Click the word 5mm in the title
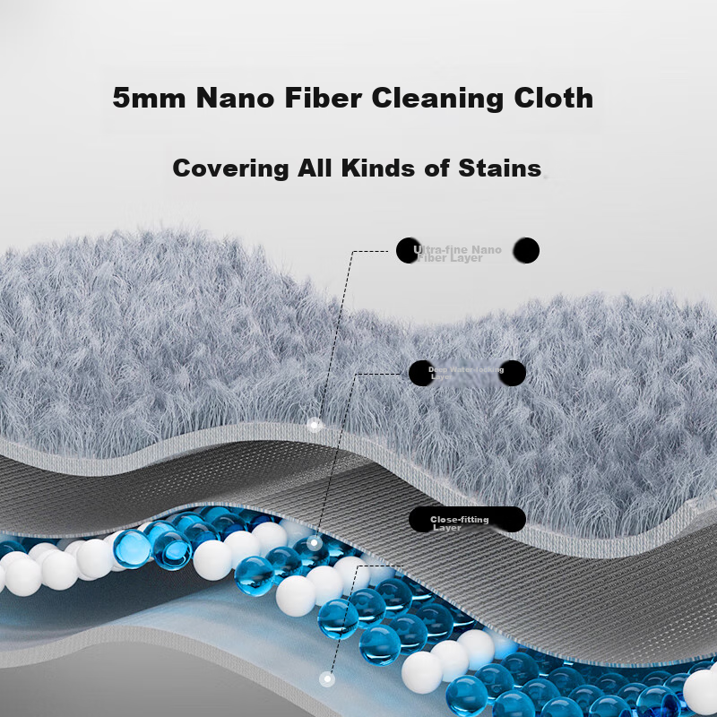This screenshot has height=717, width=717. tap(149, 97)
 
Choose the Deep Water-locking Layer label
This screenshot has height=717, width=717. tap(466, 373)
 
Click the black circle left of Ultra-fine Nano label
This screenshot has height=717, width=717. tap(408, 251)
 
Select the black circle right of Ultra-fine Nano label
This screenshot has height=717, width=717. tap(528, 251)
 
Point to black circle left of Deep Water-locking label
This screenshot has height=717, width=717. tap(420, 373)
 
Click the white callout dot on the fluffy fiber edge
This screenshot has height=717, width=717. tap(314, 425)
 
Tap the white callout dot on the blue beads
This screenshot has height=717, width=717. tap(314, 542)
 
